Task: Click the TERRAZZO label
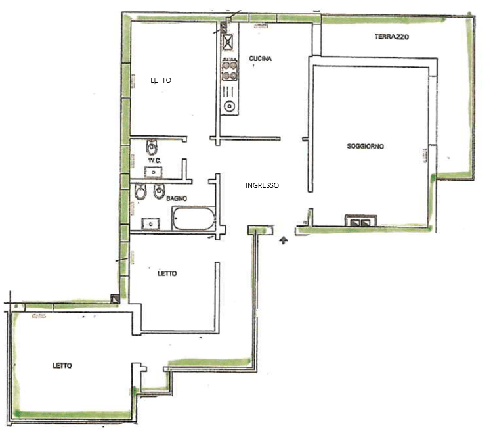click(x=392, y=37)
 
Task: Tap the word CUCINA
click(x=261, y=58)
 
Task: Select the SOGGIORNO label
click(x=366, y=146)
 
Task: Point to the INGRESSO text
click(x=262, y=185)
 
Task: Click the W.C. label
click(x=155, y=160)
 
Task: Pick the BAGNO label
click(x=177, y=198)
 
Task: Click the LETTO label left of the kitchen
click(x=161, y=80)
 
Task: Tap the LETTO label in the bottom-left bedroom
click(x=62, y=365)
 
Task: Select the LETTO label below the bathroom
click(x=167, y=273)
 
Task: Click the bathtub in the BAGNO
click(x=194, y=218)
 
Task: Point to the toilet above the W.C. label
click(x=152, y=147)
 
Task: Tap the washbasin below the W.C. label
click(x=154, y=172)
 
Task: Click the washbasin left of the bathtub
click(x=150, y=224)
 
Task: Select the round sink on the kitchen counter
click(x=230, y=106)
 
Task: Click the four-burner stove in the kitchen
click(x=230, y=70)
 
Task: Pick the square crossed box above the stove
click(x=228, y=42)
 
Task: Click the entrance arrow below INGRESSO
click(x=284, y=240)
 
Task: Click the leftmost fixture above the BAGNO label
click(x=140, y=191)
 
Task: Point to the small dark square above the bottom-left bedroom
click(x=116, y=299)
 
